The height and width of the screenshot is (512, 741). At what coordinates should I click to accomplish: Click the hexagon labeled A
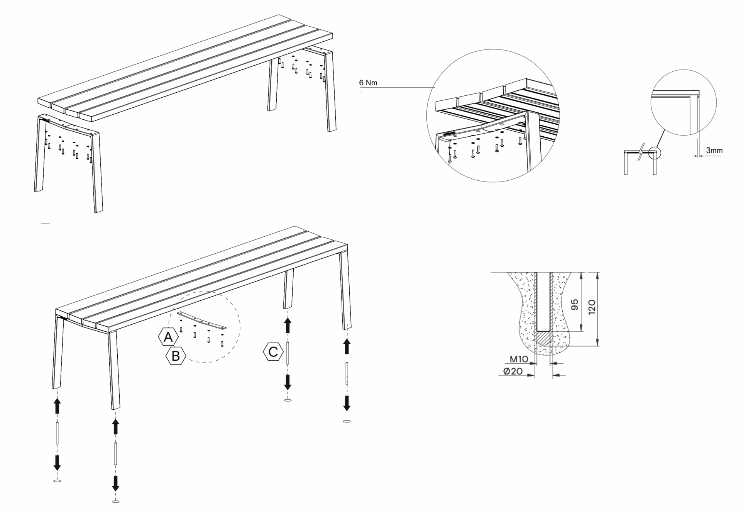click(x=168, y=337)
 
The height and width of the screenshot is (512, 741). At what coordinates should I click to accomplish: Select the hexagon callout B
click(x=176, y=356)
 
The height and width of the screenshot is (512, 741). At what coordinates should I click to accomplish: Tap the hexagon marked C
click(x=273, y=352)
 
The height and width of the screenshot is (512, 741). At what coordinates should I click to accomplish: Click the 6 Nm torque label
click(x=368, y=83)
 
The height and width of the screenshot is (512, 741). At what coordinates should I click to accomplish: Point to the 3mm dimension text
click(x=714, y=151)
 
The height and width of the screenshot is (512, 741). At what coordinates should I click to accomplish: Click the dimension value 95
click(x=575, y=305)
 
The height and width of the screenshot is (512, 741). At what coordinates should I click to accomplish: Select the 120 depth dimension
click(x=592, y=307)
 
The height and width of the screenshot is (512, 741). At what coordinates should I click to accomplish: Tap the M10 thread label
click(x=518, y=359)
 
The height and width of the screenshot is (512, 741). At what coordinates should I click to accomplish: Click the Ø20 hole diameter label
click(x=513, y=371)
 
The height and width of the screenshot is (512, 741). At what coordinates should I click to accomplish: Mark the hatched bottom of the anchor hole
click(x=543, y=339)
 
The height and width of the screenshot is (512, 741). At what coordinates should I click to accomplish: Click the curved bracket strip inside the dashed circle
click(x=201, y=320)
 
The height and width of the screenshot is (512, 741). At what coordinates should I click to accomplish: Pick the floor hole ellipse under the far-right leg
click(x=347, y=421)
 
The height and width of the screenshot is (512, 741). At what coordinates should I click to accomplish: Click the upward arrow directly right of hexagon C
click(x=288, y=326)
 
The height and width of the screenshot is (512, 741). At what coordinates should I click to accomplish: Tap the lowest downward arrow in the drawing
click(x=115, y=483)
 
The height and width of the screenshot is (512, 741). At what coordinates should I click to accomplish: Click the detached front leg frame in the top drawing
click(x=68, y=158)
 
